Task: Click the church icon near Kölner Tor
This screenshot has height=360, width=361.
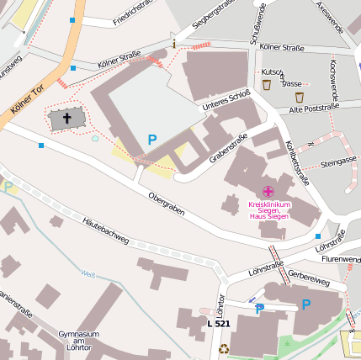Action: tap(66, 119)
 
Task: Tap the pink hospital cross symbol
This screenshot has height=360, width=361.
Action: tap(268, 193)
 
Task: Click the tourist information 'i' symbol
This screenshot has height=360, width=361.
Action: tap(174, 43)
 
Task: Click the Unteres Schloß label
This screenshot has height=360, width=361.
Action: tap(226, 101)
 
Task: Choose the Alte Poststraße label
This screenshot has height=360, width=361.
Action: tap(313, 109)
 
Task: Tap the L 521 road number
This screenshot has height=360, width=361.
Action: tap(218, 323)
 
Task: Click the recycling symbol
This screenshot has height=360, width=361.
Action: tap(224, 348)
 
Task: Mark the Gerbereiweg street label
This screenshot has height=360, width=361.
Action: tap(308, 277)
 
